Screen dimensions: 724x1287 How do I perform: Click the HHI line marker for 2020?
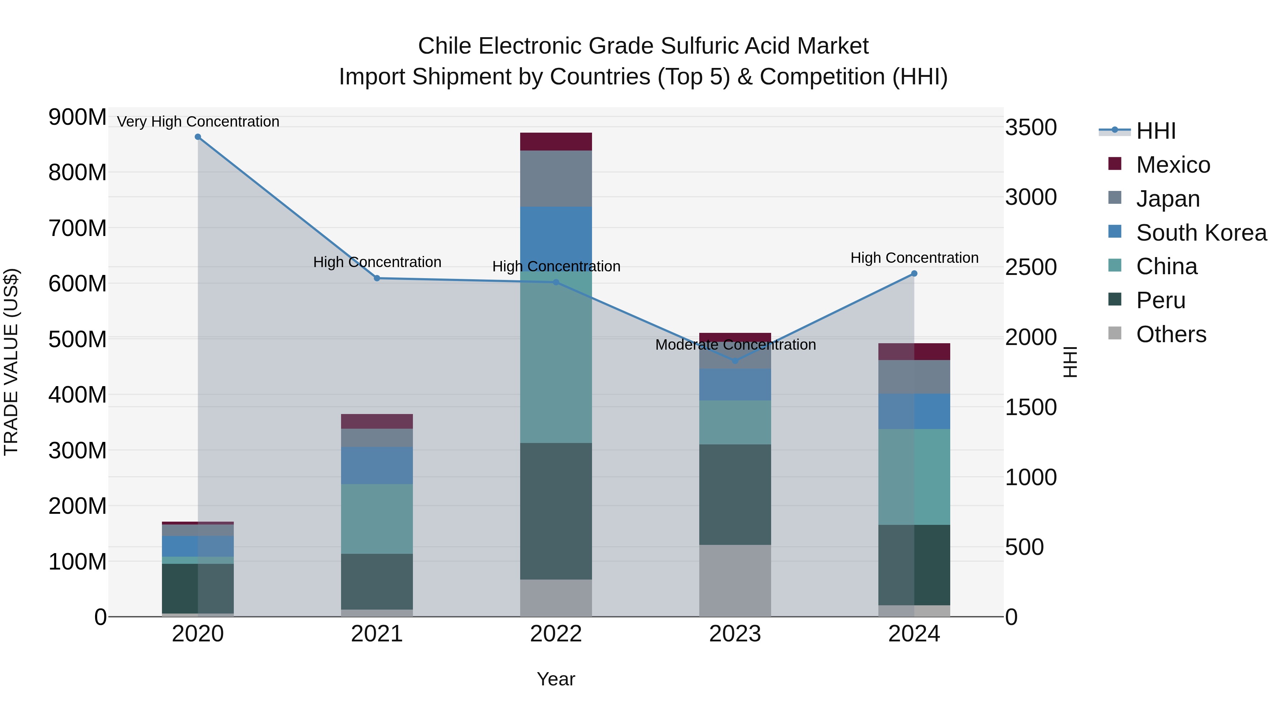[198, 137]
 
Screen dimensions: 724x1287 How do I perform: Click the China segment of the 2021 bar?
[377, 519]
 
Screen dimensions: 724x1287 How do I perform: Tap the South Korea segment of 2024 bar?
[914, 411]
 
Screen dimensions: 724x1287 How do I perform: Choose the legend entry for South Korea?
[1201, 233]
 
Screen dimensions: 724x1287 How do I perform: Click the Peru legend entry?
[1160, 301]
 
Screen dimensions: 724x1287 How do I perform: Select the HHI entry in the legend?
[1155, 131]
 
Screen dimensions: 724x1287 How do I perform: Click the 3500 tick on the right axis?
[1031, 127]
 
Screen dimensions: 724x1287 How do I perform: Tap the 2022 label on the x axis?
[556, 634]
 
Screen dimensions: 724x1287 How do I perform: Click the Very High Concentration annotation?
[198, 122]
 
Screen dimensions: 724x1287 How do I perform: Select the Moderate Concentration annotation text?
[735, 345]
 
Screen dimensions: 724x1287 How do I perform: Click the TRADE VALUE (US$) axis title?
[11, 362]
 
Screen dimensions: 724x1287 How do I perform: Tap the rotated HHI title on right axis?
[1070, 362]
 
